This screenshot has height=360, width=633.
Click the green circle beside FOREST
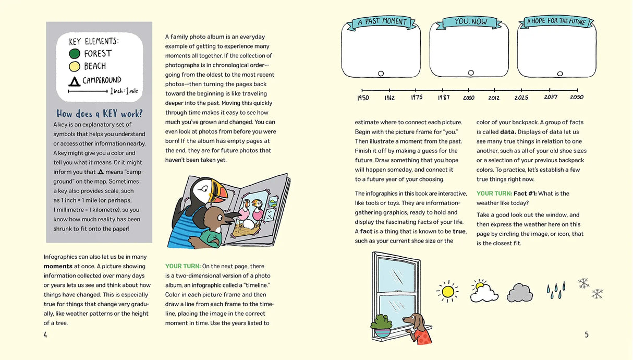pos(75,54)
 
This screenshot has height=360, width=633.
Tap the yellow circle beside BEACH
pos(75,66)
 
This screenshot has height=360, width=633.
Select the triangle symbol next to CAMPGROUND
pos(75,81)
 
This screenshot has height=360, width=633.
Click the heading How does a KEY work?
pos(99,114)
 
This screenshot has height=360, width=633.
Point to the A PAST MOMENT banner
pos(381,22)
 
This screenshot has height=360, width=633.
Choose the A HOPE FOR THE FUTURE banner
pos(556,21)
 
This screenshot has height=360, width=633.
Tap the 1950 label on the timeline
pos(363,98)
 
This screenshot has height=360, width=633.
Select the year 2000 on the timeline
pos(468,98)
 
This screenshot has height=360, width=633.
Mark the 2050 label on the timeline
pos(577,98)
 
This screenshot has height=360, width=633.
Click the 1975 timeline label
pos(416,98)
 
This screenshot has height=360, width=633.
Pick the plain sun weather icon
pos(447,291)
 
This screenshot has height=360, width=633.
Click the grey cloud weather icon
pos(519,293)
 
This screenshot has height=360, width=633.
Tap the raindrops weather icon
pos(556,291)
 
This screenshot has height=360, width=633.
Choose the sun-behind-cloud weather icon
pos(484,292)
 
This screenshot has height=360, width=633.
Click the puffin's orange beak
pos(222,194)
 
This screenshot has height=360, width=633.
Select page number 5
pos(587,335)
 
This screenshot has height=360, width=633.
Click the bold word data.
pos(508,132)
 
